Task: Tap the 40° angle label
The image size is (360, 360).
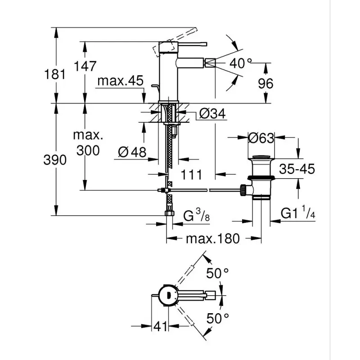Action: coord(241,63)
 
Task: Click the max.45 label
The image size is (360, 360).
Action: coord(120,81)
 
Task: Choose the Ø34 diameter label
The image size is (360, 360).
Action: coord(211,114)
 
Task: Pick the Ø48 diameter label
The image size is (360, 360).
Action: coord(132,153)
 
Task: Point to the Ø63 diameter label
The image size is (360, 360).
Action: coord(261,138)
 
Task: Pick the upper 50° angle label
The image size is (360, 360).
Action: coord(218,272)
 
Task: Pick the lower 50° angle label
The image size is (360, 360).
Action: coord(218,319)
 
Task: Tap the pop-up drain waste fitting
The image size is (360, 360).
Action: coord(261,178)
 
